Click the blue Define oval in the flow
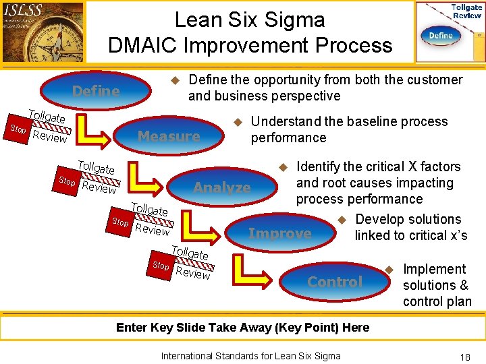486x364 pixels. pos(96,91)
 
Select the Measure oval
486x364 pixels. pos(169,136)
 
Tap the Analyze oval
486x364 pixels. pos(222,187)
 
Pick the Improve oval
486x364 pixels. pos(280,233)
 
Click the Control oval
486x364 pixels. pos(335,282)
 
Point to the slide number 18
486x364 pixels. pos(464,357)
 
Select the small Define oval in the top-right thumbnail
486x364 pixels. pos(441,35)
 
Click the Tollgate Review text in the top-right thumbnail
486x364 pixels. pos(466,11)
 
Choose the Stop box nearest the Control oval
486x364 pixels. pos(161,266)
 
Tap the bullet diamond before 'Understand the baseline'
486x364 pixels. pos(237,122)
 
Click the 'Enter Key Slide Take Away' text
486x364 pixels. pos(242,328)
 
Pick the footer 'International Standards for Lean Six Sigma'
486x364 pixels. pos(250,356)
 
